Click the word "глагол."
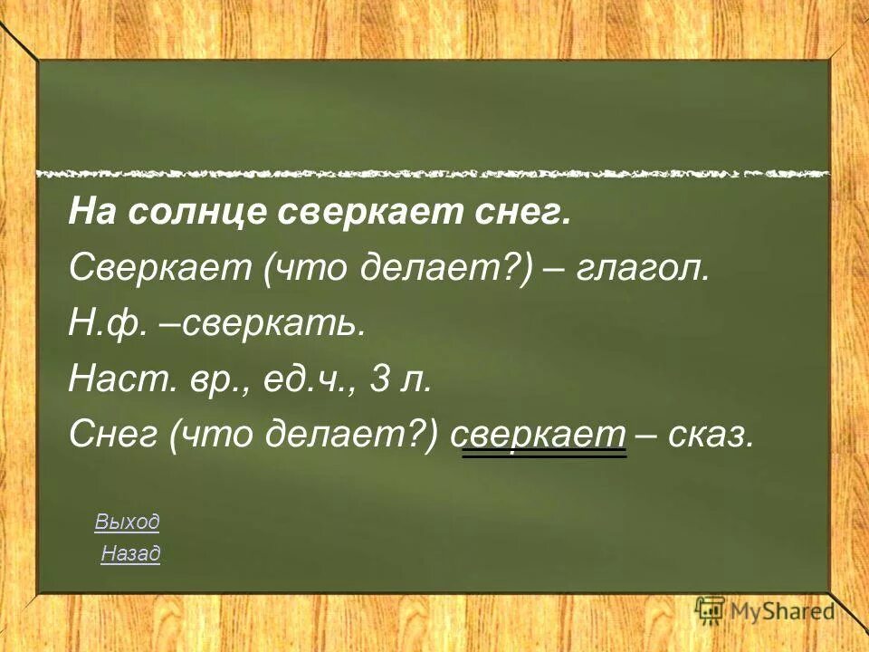pyautogui.click(x=646, y=268)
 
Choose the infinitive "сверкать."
pyautogui.click(x=274, y=324)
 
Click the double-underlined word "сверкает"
pyautogui.click(x=545, y=436)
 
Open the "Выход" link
pyautogui.click(x=127, y=522)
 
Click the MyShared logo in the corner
pyautogui.click(x=766, y=611)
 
